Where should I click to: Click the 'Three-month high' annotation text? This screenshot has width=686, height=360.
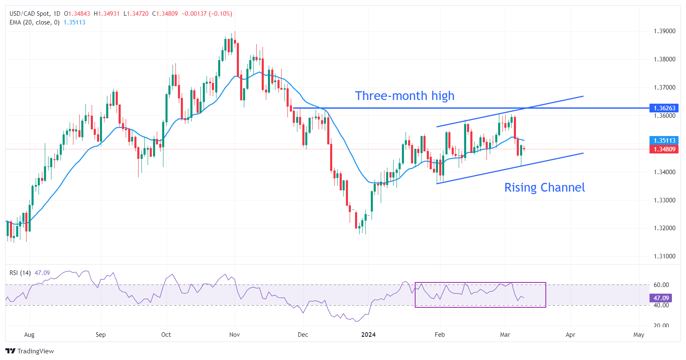(x=404, y=96)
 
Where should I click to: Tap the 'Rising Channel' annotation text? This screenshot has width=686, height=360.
(x=544, y=187)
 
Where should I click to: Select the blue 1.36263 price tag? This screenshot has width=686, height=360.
(x=664, y=108)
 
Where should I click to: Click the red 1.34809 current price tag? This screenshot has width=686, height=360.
(x=664, y=149)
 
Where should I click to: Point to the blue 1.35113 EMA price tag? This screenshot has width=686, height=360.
(x=664, y=141)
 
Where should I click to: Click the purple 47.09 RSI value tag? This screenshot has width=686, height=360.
(x=661, y=298)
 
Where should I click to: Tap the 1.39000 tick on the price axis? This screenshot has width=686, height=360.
(x=664, y=31)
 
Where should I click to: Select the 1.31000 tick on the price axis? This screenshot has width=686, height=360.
(x=664, y=256)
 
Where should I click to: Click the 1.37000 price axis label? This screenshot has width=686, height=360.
(x=664, y=88)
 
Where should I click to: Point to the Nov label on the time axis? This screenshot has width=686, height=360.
(x=234, y=335)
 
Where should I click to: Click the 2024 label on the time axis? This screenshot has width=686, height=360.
(x=368, y=335)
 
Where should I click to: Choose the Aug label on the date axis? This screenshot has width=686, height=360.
(x=29, y=335)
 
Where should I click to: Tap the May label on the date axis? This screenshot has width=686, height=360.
(x=639, y=335)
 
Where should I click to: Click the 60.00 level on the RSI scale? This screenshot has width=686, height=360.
(x=661, y=285)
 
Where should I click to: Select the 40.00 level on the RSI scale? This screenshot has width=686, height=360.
(x=661, y=305)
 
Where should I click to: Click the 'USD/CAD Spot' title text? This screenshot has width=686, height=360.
(x=29, y=14)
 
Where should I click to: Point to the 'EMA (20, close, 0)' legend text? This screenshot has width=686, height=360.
(x=34, y=22)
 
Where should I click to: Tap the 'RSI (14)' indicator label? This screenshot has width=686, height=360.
(x=20, y=273)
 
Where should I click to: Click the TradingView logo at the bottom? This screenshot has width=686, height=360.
(x=30, y=351)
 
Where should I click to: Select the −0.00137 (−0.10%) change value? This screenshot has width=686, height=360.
(x=207, y=14)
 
